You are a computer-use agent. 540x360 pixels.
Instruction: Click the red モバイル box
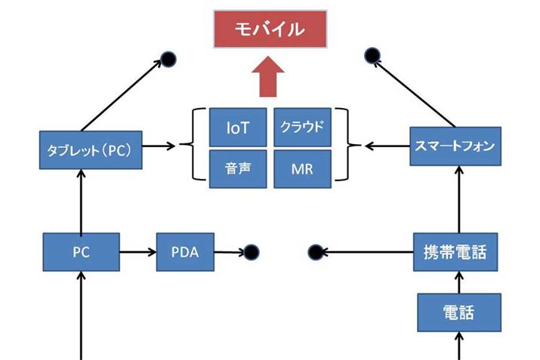(270, 29)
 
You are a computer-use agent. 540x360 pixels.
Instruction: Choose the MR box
(302, 169)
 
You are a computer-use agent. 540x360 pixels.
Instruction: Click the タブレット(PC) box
(90, 146)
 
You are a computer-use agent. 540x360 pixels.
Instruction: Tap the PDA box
(185, 252)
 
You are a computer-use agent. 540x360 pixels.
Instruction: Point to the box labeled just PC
(80, 252)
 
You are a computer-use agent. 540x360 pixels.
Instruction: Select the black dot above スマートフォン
(372, 55)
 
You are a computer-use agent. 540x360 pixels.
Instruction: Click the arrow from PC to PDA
(137, 252)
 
